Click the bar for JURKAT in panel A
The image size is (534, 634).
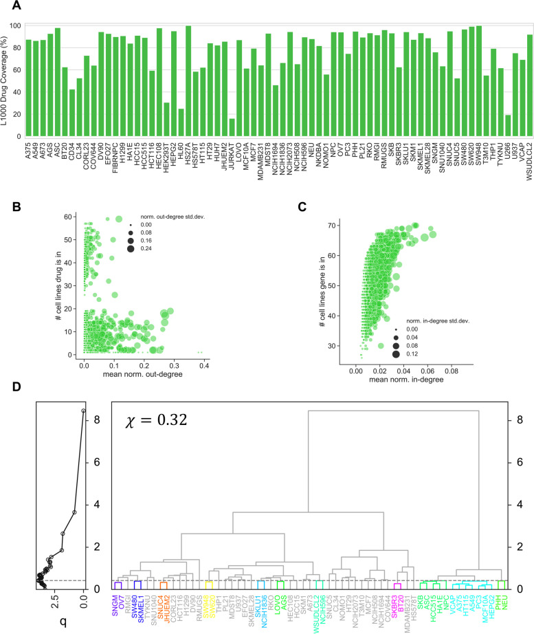click(x=232, y=128)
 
